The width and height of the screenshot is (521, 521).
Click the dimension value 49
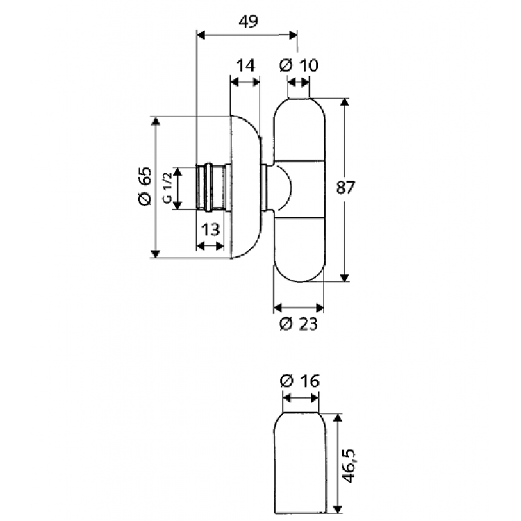[248, 21]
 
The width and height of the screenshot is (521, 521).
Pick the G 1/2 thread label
[167, 188]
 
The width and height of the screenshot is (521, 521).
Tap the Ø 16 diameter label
[299, 381]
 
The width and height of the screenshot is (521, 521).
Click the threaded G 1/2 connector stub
[211, 188]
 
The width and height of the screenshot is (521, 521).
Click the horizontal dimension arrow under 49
[247, 33]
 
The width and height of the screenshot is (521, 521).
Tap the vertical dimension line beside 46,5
[338, 463]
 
